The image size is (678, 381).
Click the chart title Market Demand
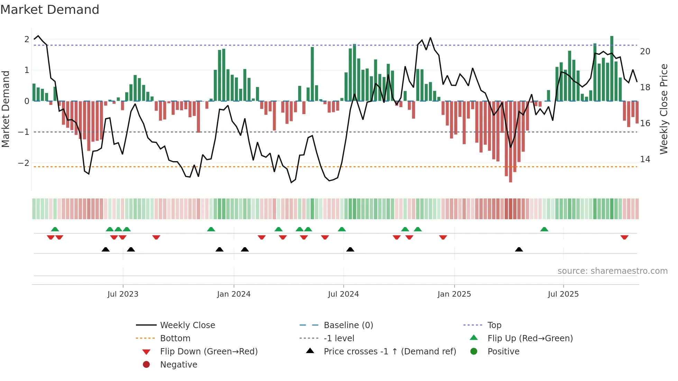point(50,10)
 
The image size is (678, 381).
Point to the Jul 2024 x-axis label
point(343,294)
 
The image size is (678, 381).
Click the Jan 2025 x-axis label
point(454,294)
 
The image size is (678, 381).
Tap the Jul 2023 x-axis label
point(123,294)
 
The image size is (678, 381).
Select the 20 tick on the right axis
point(645,52)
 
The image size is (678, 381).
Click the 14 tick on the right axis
point(645,159)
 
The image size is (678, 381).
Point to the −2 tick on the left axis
point(24,163)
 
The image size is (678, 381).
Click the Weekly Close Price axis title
point(663,109)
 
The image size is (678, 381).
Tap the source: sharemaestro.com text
point(612,271)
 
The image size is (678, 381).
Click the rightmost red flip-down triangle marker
point(624,237)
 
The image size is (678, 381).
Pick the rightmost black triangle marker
point(519,249)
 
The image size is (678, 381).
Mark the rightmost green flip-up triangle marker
point(544,229)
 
